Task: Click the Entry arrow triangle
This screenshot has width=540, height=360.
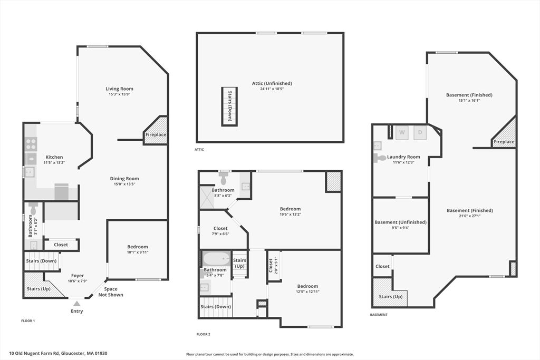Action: [x=77, y=304]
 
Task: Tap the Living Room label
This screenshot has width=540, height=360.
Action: [x=119, y=89]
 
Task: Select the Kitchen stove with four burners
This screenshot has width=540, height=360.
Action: [x=30, y=144]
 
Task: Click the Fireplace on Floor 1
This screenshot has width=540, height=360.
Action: [x=156, y=131]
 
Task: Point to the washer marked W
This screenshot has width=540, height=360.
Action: [x=402, y=132]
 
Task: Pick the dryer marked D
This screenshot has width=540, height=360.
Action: [x=420, y=132]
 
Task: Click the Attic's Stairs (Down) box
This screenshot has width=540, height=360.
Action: [x=229, y=106]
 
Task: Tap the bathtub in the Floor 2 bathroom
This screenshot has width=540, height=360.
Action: [x=216, y=258]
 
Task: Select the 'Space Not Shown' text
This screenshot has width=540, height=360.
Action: [x=111, y=292]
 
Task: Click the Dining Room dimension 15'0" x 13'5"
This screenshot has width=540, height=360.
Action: [x=124, y=184]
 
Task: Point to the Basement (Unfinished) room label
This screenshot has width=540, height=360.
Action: [x=401, y=222]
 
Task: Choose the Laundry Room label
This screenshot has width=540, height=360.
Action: [x=403, y=157]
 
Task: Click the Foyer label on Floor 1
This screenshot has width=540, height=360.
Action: [x=78, y=276]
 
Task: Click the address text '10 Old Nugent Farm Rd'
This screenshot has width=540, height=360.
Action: [x=34, y=353]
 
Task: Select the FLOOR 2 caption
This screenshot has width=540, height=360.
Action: [x=203, y=334]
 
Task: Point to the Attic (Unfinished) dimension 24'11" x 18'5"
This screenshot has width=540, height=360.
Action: [x=272, y=89]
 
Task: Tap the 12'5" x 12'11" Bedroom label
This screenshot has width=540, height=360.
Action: [x=307, y=286]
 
